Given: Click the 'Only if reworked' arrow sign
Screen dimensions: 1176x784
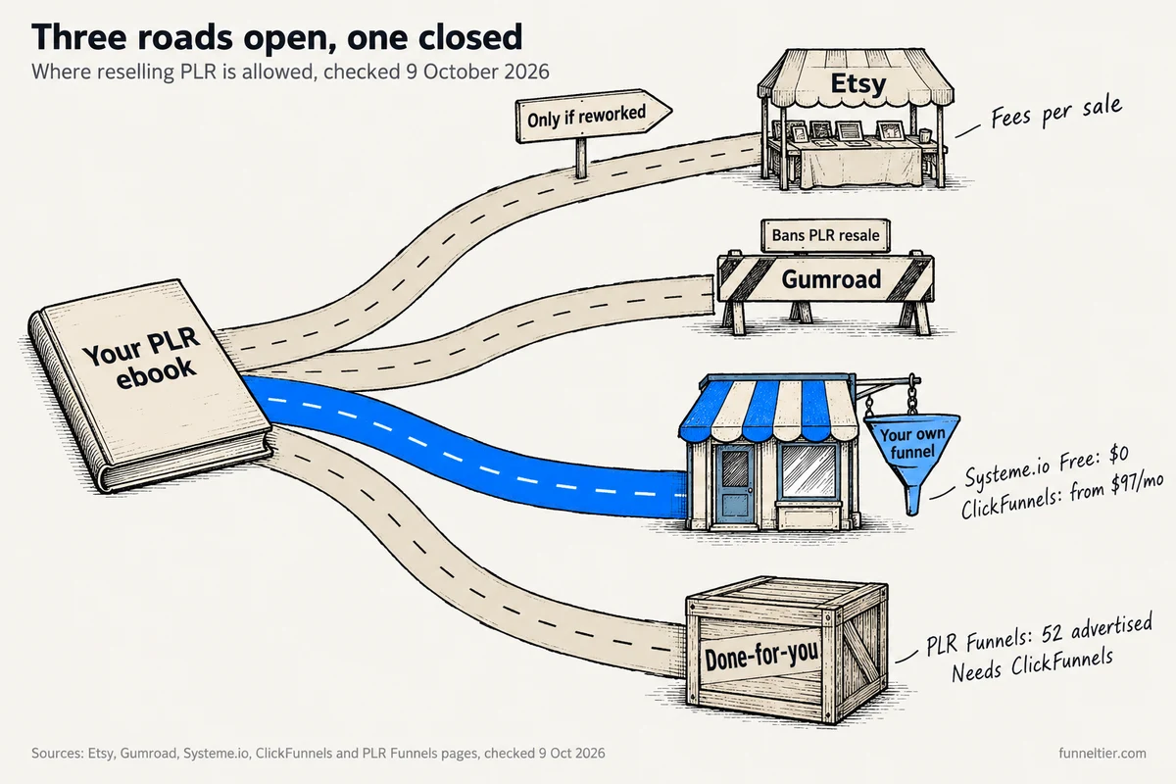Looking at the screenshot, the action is coord(593,116).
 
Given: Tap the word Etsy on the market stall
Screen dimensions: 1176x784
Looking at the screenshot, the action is coord(858,84).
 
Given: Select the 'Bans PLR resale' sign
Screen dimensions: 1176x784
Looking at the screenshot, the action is coord(825,235).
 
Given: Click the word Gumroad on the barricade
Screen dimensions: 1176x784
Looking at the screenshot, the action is coord(831,279).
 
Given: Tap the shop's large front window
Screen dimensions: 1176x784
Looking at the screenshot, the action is coord(808,471).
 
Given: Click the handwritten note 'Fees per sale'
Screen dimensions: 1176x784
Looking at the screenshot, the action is coord(1056,112).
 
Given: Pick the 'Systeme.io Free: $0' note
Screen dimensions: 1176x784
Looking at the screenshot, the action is coord(1047,466).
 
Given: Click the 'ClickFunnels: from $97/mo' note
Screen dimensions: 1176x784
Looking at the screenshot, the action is coord(1061,496).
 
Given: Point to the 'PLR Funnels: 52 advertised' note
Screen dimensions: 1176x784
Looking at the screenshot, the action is coord(1039,635).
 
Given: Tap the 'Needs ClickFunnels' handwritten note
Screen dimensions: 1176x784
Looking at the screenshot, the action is coord(1032,664).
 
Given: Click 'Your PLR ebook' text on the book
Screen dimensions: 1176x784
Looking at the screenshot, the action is coord(143,358).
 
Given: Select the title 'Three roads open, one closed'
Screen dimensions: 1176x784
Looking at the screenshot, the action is coord(277,37).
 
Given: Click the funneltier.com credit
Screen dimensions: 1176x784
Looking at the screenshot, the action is coord(1102,754).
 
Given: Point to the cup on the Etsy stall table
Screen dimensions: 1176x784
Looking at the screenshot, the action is coord(924,135).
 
